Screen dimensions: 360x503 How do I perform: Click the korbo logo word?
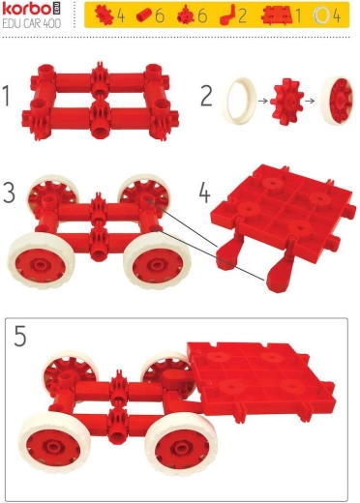click(26, 9)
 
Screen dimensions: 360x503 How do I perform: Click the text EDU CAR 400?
click(32, 23)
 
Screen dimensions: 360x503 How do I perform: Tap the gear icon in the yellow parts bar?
click(104, 15)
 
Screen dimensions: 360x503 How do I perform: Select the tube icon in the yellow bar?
click(144, 15)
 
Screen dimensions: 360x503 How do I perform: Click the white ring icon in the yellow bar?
click(321, 15)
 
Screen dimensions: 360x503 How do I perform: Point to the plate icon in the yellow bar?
click(277, 15)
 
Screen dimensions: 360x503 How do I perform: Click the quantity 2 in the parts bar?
click(242, 15)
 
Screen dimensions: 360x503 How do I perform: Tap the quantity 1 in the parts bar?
click(298, 15)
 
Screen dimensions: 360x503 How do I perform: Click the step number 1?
click(6, 96)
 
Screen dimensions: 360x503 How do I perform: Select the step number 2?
click(206, 96)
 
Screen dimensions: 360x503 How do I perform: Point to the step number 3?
click(10, 192)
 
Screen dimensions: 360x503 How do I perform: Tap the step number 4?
click(204, 192)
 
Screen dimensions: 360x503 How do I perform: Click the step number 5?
click(20, 336)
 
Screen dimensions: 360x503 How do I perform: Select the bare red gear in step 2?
click(286, 102)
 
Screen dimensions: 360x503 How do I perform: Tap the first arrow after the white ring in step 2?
click(263, 101)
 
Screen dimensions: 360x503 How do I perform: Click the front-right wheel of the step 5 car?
click(181, 446)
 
